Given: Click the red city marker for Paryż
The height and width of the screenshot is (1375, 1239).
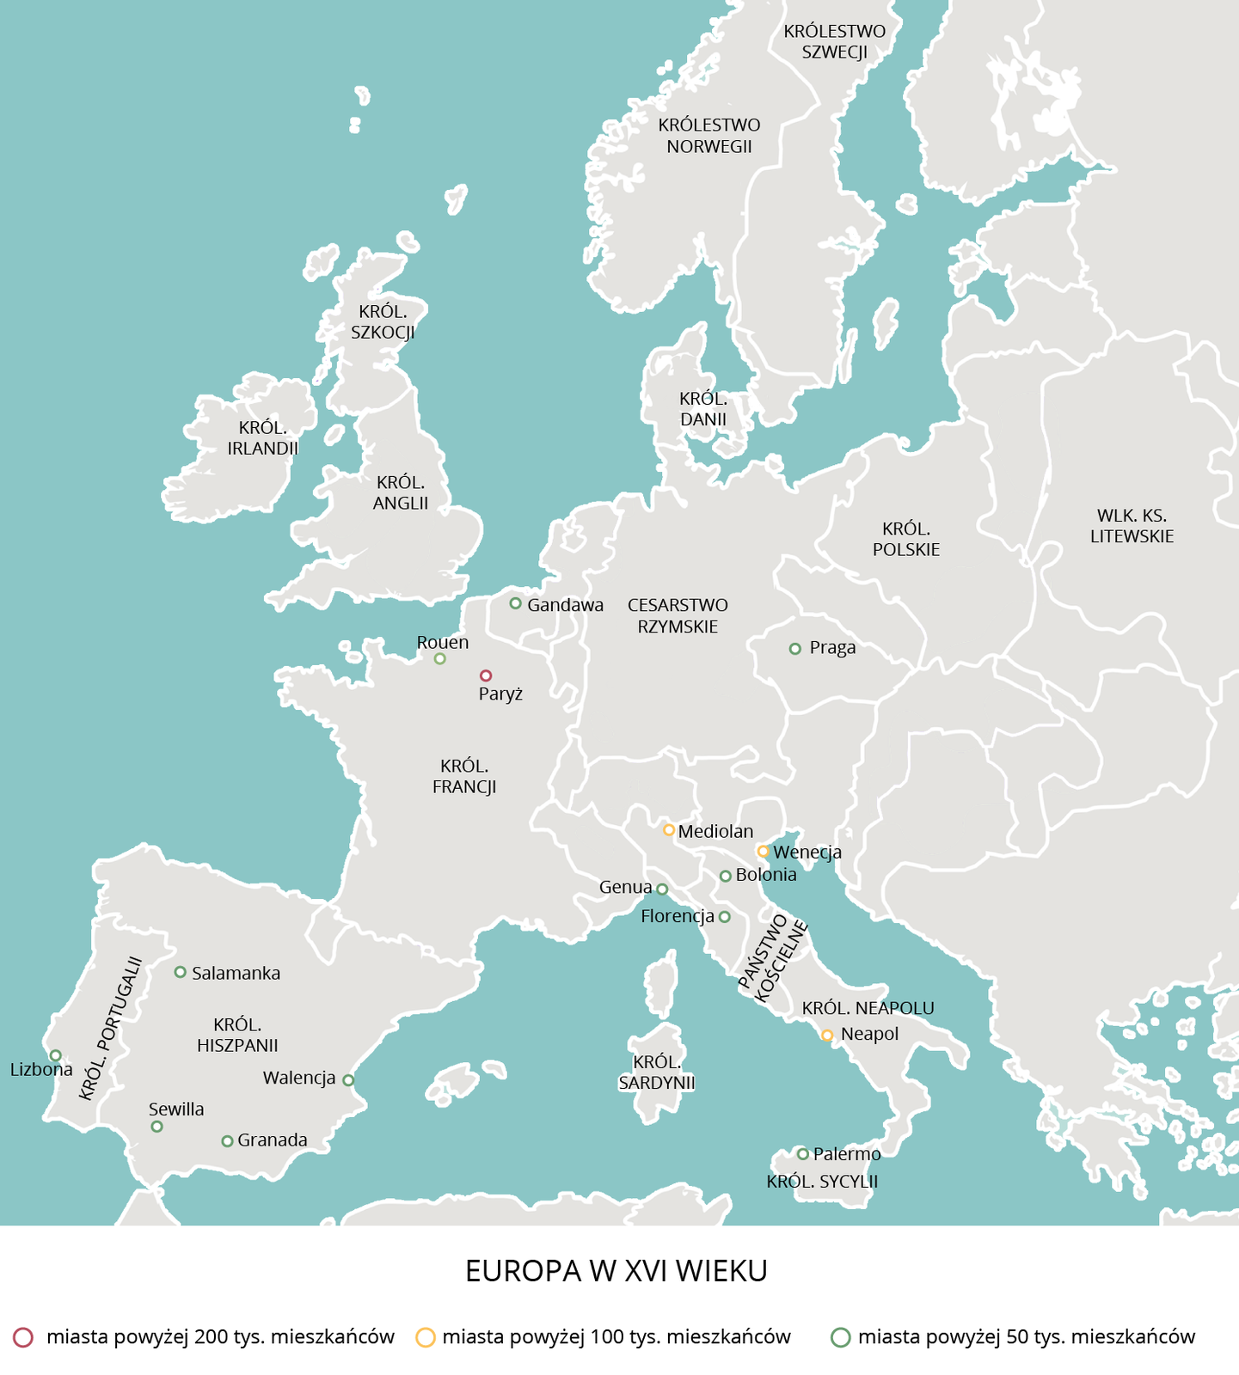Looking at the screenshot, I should point(486,675).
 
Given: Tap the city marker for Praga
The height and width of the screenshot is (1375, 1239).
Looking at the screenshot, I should point(795,649).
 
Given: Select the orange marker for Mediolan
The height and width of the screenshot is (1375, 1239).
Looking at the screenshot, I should point(669,830).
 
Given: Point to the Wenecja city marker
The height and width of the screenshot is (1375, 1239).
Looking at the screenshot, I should point(763,852).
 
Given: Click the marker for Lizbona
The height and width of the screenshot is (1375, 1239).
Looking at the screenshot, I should point(56,1055).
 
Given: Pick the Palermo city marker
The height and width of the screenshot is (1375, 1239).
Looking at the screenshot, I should point(802,1154).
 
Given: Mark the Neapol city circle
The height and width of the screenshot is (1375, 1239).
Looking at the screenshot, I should point(827,1036).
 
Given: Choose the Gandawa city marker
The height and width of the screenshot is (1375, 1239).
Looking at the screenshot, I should point(516,603).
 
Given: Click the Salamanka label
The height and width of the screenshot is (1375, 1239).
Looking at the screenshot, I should point(236,974).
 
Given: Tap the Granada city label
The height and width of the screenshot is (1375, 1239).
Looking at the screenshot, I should point(273,1140).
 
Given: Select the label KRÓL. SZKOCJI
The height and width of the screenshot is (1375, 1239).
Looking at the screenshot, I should point(383,322).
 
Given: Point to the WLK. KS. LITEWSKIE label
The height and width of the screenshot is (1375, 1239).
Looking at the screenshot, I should point(1132,526).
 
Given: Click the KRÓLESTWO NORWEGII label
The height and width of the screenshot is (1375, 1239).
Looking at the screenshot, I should point(709,136).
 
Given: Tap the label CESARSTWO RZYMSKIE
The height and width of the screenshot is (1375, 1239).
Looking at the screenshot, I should point(678,616).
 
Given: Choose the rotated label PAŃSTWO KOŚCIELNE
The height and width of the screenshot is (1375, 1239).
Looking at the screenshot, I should point(774,958).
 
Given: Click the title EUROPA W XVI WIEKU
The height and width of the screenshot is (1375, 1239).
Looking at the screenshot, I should point(616,1271).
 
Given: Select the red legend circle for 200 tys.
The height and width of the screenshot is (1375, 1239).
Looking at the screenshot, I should point(23,1337).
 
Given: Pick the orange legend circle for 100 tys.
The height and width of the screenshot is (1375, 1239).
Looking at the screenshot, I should point(426,1337).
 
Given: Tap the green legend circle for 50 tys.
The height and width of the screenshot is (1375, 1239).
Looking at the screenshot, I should point(841,1337).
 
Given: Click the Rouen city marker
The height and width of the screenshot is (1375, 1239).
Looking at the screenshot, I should point(440,659).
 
